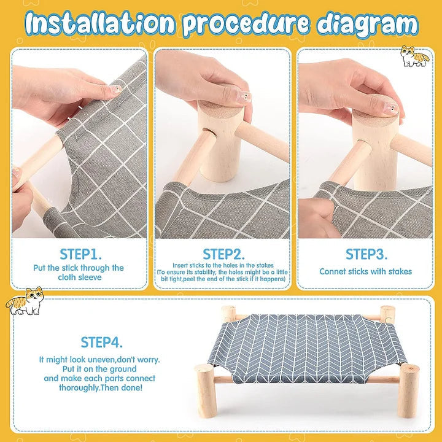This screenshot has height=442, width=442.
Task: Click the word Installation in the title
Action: pyautogui.click(x=101, y=23)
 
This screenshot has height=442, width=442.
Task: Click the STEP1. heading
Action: pyautogui.click(x=80, y=254)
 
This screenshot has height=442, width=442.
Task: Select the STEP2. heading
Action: pyautogui.click(x=223, y=254)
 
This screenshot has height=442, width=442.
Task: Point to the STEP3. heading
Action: pyautogui.click(x=366, y=254)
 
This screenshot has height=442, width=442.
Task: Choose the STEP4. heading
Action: pyautogui.click(x=101, y=342)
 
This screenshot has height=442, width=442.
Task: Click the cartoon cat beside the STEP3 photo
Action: pyautogui.click(x=414, y=56)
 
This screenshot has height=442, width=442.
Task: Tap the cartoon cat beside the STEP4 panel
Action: pyautogui.click(x=25, y=301)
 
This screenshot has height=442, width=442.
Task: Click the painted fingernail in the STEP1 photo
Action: pyautogui.click(x=116, y=89)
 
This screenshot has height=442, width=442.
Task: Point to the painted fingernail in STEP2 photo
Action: pyautogui.click(x=244, y=97)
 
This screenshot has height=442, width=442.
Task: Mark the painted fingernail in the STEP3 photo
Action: pyautogui.click(x=390, y=108)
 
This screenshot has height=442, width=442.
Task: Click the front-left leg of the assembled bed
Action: pyautogui.click(x=207, y=390)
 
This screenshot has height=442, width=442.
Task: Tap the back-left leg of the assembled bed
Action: pyautogui.click(x=228, y=314)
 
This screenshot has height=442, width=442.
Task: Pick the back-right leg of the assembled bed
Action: pyautogui.click(x=387, y=314)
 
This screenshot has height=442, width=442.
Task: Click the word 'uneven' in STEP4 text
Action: pyautogui.click(x=102, y=360)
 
